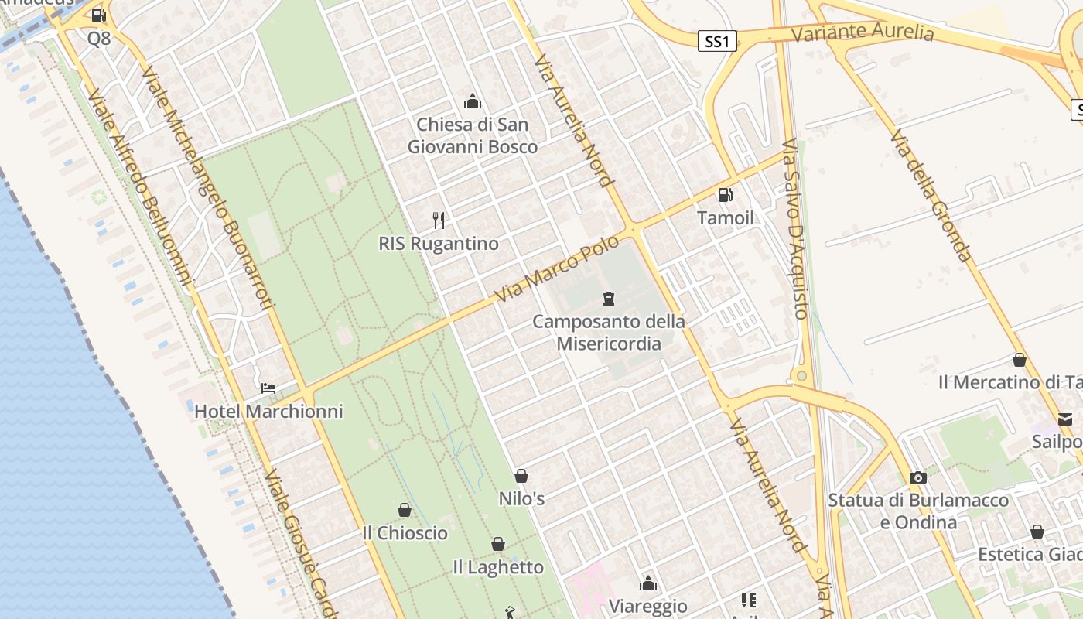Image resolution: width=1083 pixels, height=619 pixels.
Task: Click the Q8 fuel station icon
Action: click(98, 15)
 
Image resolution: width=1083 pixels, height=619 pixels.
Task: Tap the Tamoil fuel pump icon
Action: click(725, 195)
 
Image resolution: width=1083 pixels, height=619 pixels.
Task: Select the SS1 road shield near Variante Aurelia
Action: click(717, 41)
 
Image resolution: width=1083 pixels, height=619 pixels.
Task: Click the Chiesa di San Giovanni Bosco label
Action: click(472, 135)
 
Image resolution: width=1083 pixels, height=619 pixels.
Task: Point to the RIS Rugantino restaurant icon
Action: click(439, 221)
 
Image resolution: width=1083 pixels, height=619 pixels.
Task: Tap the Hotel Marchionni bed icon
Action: click(268, 388)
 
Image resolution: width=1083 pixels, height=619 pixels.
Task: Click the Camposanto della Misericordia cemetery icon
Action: click(609, 299)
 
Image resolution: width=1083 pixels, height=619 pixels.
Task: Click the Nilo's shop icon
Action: click(521, 476)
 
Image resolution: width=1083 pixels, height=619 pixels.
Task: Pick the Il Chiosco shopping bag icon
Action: click(404, 510)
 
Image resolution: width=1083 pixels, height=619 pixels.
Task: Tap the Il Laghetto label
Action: click(498, 567)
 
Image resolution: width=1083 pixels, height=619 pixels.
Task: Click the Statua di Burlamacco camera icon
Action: click(918, 477)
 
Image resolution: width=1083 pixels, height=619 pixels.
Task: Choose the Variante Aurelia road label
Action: click(863, 32)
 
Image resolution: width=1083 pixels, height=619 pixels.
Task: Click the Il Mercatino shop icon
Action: click(1020, 360)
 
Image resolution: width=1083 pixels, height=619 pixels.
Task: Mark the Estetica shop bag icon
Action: click(1037, 532)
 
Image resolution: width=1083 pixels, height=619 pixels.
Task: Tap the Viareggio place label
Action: click(648, 605)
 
